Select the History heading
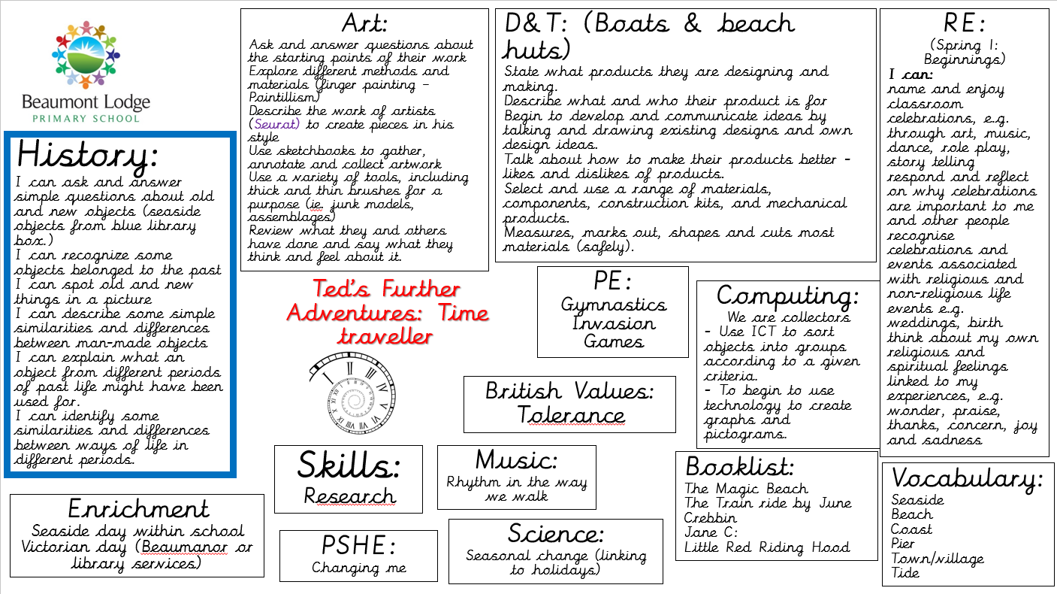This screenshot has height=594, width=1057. click(87, 155)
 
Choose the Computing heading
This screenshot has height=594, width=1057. click(787, 295)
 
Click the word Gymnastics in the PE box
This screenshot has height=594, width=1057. click(613, 305)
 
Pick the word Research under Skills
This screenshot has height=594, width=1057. click(349, 496)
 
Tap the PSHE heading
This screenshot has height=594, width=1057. click(358, 545)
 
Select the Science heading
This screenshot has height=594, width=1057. click(555, 534)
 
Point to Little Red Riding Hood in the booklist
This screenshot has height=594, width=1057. click(766, 547)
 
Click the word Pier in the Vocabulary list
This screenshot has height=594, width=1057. click(903, 544)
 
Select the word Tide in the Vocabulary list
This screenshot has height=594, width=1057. click(905, 573)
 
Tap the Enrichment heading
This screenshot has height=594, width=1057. click(138, 508)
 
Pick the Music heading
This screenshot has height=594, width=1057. click(516, 459)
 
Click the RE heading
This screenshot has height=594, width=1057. click(964, 25)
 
